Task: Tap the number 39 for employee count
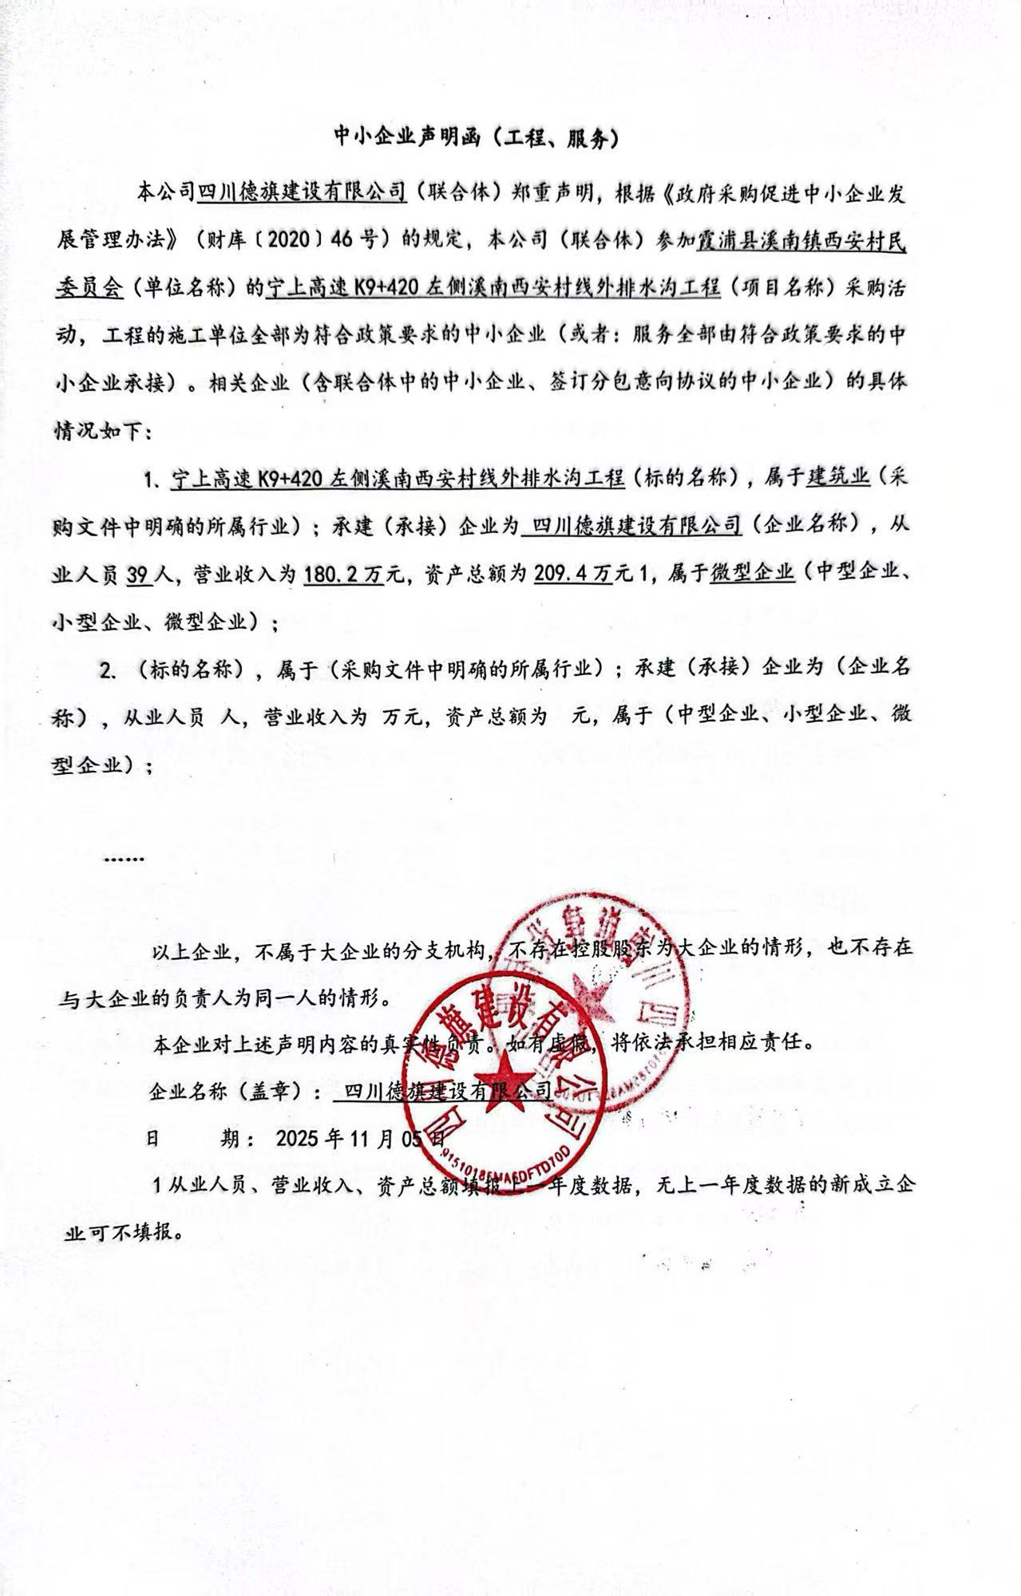click(x=140, y=573)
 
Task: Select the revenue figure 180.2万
click(x=355, y=573)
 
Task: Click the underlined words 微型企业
click(x=752, y=573)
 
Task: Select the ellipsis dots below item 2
click(x=124, y=859)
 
